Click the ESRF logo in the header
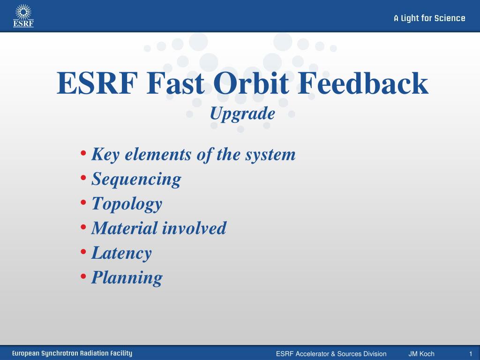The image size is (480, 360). tap(23, 16)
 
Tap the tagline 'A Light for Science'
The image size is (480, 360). tap(429, 18)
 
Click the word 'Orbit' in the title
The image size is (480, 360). tap(251, 83)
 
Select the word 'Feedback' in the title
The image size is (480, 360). tap(363, 83)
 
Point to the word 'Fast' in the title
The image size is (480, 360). tap(175, 83)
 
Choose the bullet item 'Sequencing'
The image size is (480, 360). tap(136, 180)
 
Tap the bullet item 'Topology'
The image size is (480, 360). tap(127, 204)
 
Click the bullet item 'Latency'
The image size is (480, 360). tap(121, 253)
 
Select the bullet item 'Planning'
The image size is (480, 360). tap(127, 278)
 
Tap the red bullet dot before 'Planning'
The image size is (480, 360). tap(83, 276)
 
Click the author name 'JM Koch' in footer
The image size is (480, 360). tap(421, 354)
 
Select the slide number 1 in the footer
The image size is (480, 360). tap(471, 354)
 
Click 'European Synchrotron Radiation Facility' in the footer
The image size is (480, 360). tap(72, 353)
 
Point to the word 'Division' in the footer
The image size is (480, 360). tap(375, 354)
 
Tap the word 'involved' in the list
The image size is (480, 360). tap(194, 228)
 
